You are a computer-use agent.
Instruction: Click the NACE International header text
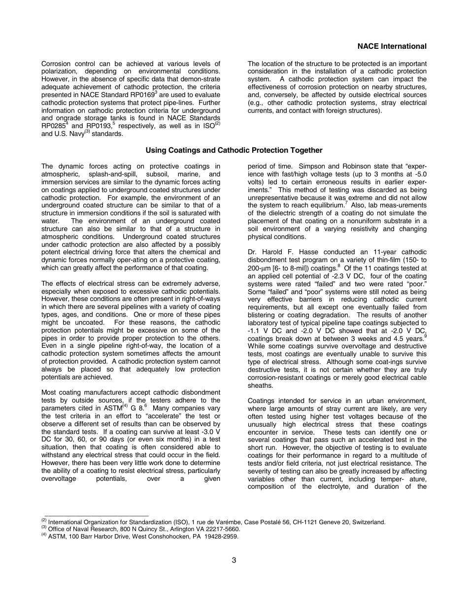coord(392,46)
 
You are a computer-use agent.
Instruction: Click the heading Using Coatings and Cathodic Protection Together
coord(234,150)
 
